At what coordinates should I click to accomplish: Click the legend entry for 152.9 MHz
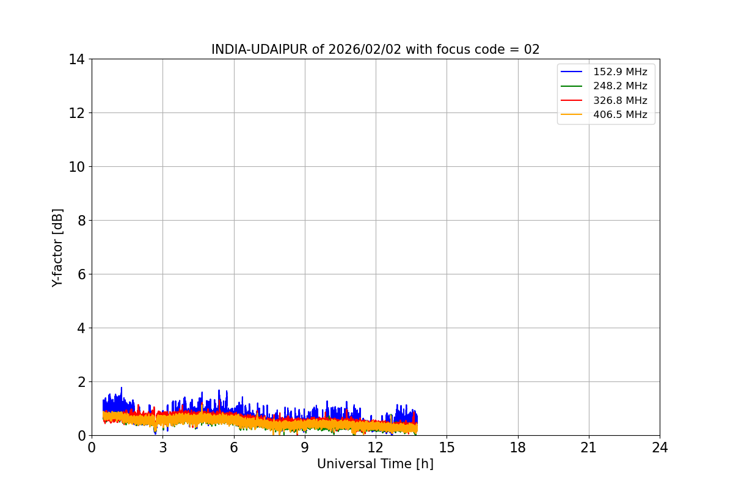[620, 72]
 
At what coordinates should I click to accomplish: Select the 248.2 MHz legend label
[620, 86]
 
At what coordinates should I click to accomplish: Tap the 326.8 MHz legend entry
[620, 100]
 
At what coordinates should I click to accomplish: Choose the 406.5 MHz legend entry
[620, 114]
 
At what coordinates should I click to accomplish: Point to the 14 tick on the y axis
[76, 60]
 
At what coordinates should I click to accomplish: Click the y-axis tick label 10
[76, 167]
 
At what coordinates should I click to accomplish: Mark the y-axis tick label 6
[81, 274]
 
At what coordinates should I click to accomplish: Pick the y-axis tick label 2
[81, 382]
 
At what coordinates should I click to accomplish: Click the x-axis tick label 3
[163, 447]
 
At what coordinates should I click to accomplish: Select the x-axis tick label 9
[305, 447]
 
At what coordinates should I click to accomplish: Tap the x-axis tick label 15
[447, 447]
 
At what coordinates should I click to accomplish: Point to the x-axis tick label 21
[589, 447]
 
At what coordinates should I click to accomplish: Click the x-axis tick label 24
[660, 447]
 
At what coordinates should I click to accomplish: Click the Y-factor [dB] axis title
[57, 248]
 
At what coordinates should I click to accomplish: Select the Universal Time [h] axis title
[375, 464]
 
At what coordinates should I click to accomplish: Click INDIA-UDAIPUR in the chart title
[260, 50]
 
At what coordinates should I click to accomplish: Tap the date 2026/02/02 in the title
[365, 50]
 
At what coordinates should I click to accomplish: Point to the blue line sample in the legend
[571, 72]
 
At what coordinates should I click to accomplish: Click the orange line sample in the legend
[571, 114]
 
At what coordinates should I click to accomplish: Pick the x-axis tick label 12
[376, 447]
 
